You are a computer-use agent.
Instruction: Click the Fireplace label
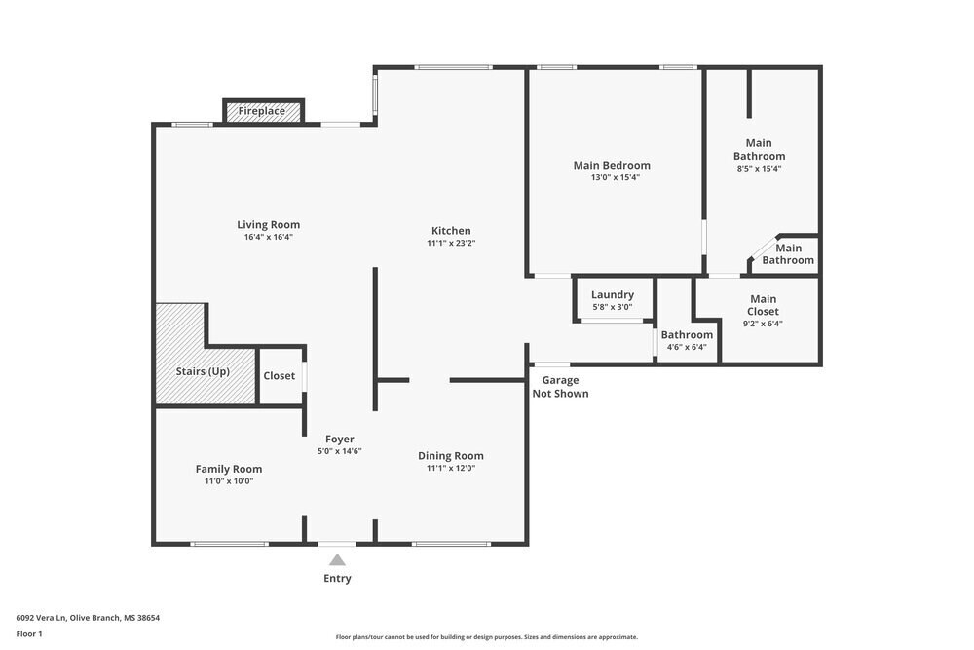tap(261, 111)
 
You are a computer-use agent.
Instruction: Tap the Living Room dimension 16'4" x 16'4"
tap(269, 238)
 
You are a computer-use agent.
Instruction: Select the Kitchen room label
tap(451, 231)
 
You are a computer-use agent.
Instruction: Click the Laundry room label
tap(613, 294)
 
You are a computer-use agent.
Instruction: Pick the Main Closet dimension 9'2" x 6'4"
tap(763, 324)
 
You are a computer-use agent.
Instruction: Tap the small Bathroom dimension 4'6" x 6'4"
tap(687, 347)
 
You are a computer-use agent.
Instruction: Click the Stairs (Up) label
tap(203, 371)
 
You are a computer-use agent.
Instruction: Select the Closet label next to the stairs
tap(279, 376)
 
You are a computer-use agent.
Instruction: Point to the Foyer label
tap(339, 440)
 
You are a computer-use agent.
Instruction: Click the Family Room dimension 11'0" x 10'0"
tap(229, 481)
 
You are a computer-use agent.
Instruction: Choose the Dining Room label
tap(450, 456)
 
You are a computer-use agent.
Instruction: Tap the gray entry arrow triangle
tap(337, 560)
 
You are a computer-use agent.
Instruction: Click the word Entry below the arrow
tap(337, 579)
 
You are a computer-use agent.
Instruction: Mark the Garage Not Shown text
tap(560, 387)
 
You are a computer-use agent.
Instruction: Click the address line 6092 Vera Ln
tap(88, 618)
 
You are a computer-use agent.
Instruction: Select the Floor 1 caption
tap(29, 633)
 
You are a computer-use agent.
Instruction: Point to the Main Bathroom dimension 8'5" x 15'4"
tap(759, 169)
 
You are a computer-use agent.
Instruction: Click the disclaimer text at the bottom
tap(486, 637)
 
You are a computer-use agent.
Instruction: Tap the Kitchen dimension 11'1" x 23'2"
tap(451, 244)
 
